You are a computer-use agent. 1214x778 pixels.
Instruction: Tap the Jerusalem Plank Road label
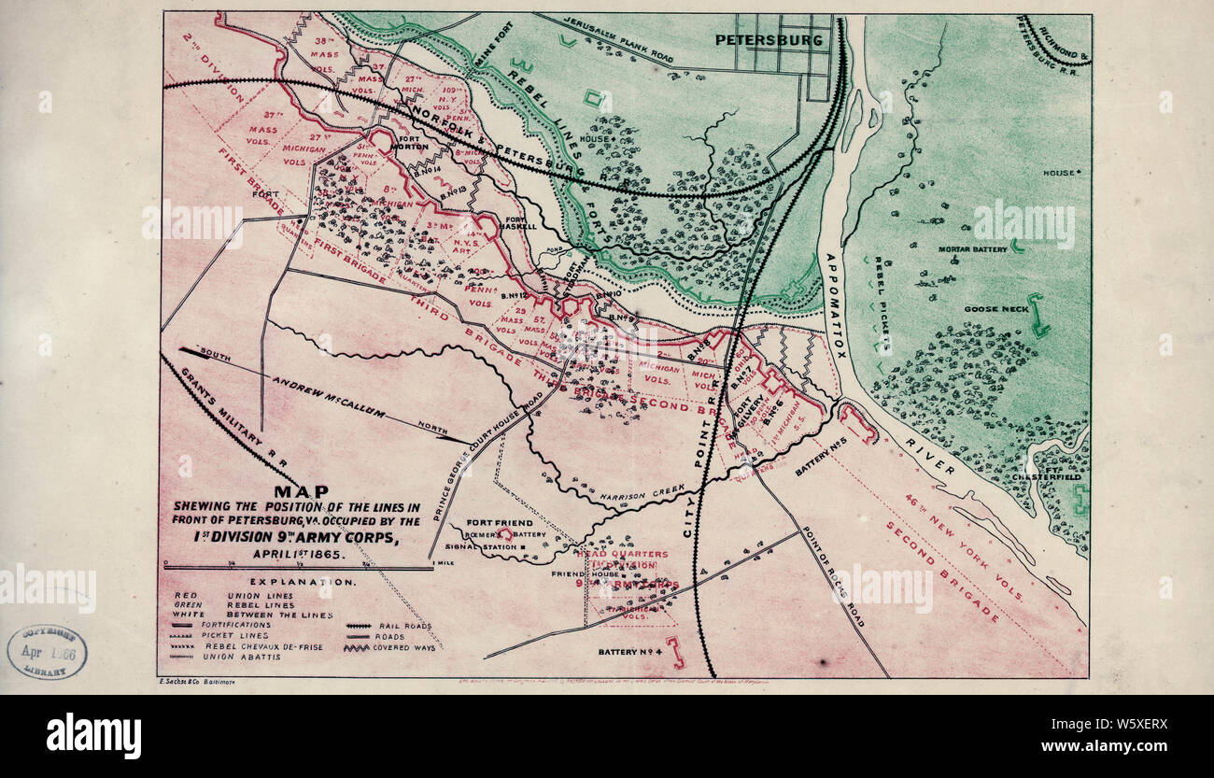coord(616,39)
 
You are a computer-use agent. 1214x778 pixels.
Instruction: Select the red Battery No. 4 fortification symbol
coord(674,652)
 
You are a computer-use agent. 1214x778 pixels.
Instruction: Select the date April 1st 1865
coord(299,553)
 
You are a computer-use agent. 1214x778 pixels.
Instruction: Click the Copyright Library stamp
coord(49,652)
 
